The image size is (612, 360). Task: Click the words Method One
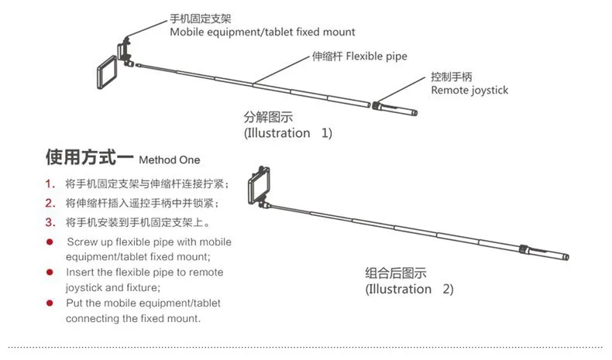169,161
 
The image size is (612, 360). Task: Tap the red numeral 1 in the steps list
49,184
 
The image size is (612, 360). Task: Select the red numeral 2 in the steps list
49,204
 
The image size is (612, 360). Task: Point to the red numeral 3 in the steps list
49,223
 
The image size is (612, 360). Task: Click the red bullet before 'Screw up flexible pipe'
50,242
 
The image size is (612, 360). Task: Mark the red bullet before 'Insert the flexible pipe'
50,273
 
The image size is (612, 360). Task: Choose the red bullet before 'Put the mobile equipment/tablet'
50,303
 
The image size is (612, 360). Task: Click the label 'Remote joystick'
469,90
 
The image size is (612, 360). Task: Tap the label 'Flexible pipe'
376,57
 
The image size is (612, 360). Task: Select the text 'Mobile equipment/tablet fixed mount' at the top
263,33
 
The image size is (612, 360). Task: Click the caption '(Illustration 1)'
288,133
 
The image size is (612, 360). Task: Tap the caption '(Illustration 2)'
409,289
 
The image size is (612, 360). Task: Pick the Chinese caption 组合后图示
396,273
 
